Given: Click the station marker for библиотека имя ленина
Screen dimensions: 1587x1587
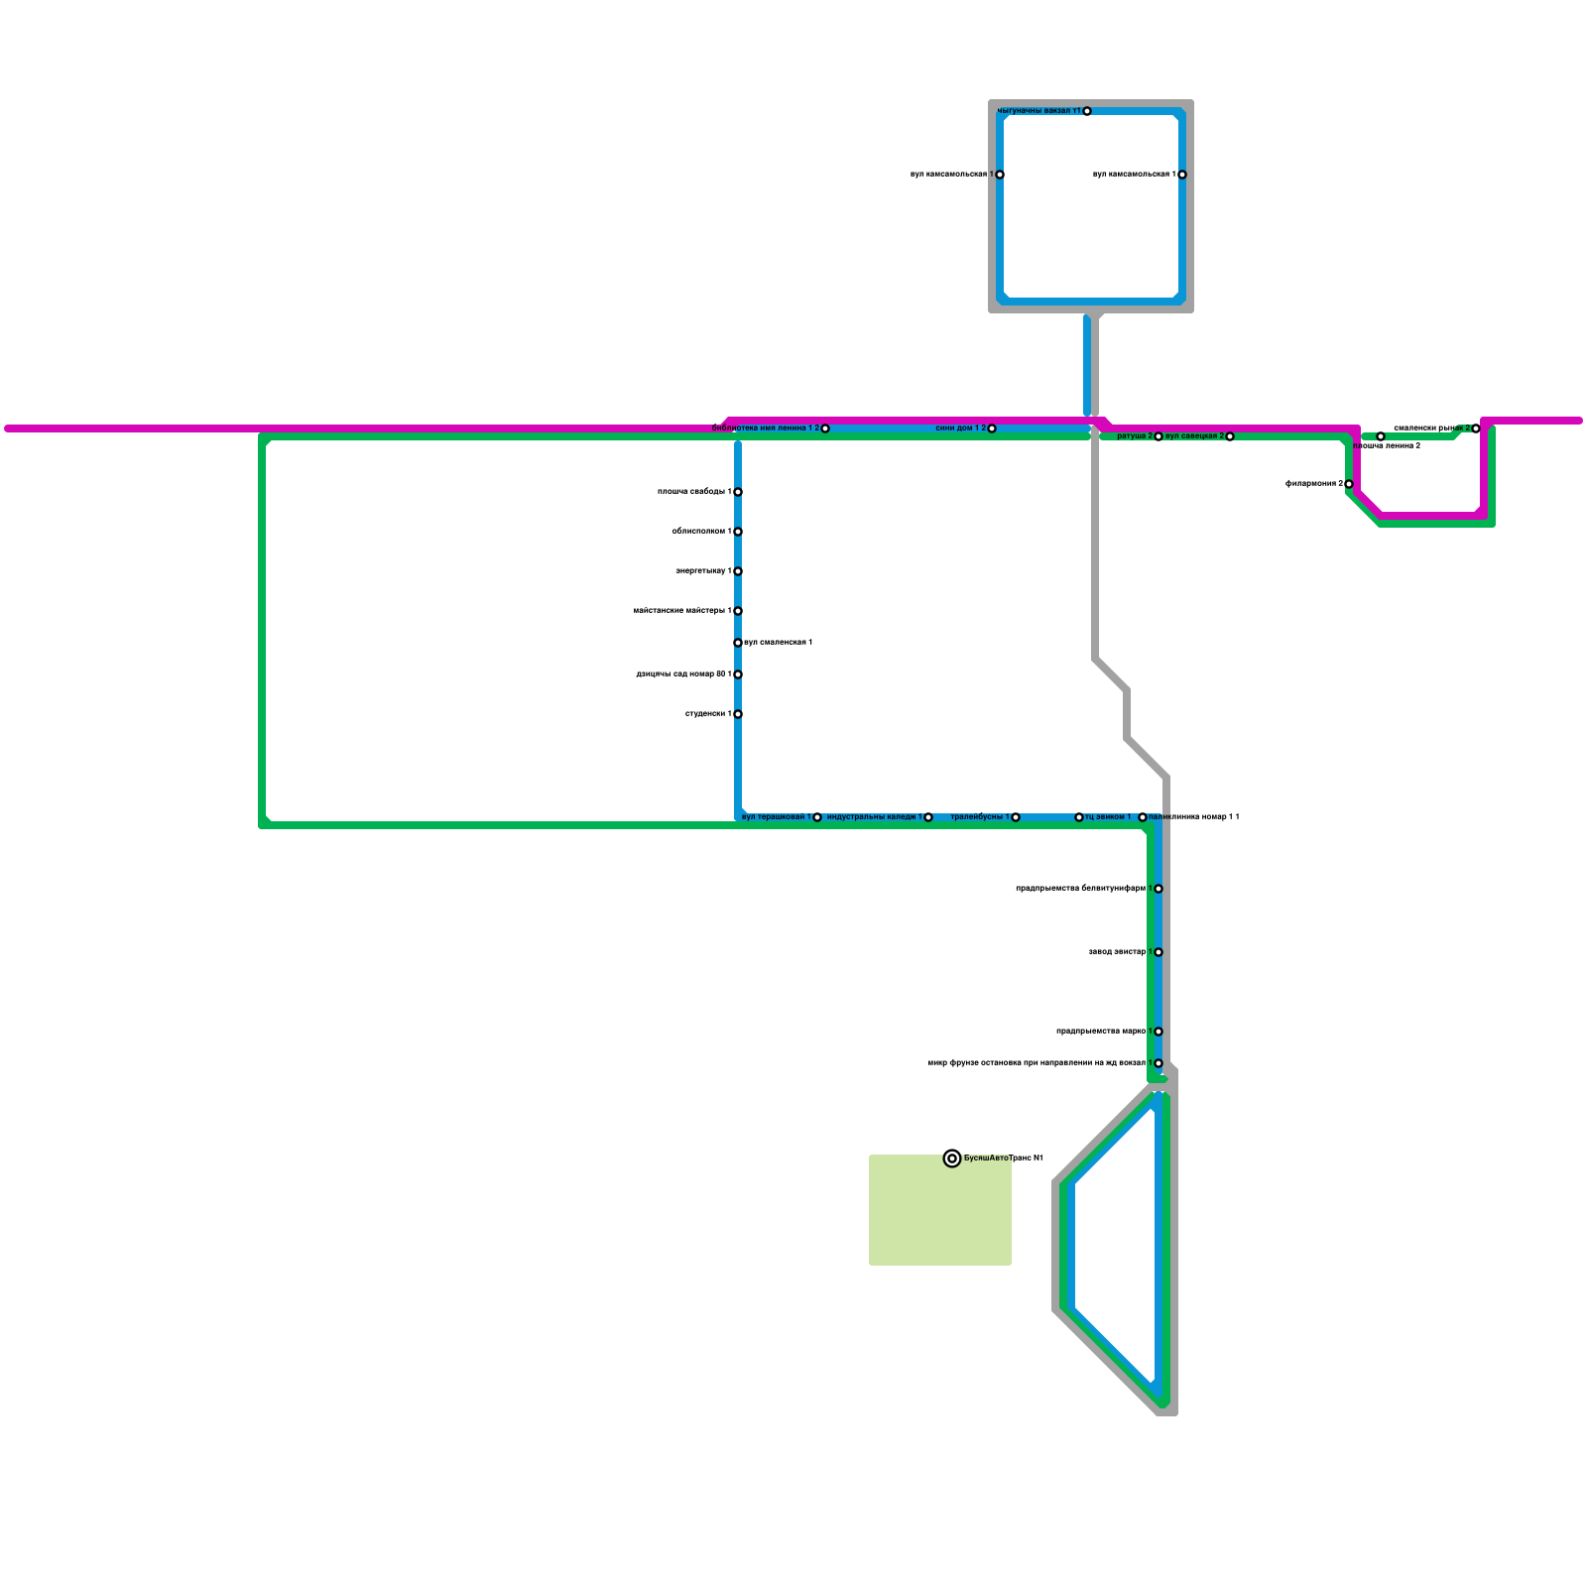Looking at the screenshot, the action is [x=824, y=428].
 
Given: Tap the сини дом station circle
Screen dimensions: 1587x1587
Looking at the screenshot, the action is [x=991, y=428].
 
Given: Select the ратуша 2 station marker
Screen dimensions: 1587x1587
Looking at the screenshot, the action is [x=1158, y=436].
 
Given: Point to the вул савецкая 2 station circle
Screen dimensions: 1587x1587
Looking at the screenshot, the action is [x=1229, y=436].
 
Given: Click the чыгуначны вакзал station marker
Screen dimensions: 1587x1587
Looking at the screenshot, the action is [x=1087, y=111].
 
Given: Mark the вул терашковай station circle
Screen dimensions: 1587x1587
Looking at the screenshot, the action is [x=817, y=817].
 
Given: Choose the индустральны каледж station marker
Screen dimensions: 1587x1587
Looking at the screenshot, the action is [x=928, y=817].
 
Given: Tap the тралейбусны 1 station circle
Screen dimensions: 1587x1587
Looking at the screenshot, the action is [x=1016, y=817].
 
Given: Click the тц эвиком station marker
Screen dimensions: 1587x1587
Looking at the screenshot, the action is [x=1079, y=817].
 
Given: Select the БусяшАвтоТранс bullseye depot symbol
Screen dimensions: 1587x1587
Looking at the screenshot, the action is [x=952, y=1159].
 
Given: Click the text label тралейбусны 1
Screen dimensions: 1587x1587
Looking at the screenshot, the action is [x=979, y=817].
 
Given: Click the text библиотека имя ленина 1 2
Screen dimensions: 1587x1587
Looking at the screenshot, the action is [x=765, y=428].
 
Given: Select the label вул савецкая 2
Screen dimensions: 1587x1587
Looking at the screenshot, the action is [x=1194, y=436].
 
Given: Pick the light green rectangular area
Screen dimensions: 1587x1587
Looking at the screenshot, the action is [x=940, y=1210].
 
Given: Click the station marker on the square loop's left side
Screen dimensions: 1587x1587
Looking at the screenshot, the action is [x=1000, y=175].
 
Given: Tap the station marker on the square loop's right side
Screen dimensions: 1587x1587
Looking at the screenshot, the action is [x=1182, y=175].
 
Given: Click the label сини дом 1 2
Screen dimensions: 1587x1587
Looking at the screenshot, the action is [x=960, y=428].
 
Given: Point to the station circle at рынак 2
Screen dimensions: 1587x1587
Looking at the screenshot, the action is [x=1476, y=428].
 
